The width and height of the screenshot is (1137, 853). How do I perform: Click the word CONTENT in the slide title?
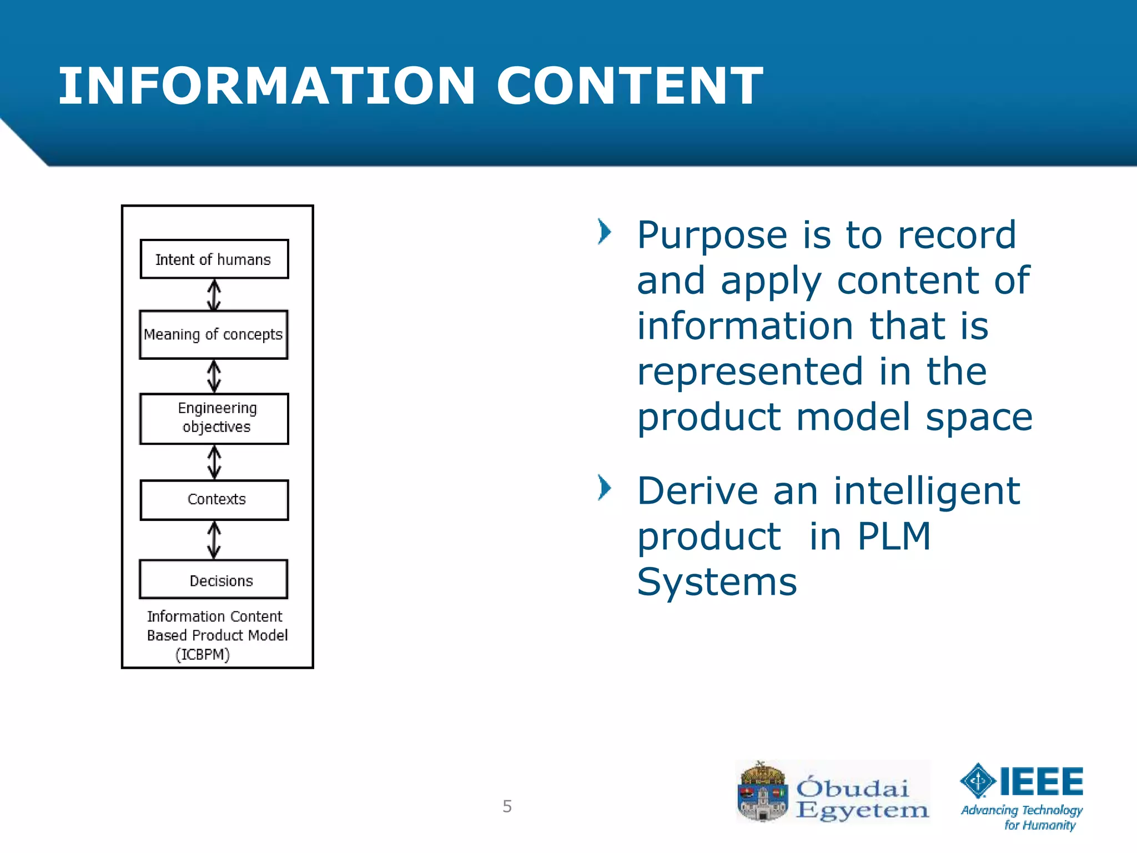629,86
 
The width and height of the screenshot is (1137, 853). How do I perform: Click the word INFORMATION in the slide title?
267,86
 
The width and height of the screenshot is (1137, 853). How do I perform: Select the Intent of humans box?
214,259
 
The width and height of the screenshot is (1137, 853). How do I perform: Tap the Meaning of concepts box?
214,335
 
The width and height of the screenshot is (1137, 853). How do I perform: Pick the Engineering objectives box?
214,419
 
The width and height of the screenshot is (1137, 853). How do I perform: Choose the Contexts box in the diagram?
214,500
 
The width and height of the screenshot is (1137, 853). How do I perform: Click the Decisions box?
214,580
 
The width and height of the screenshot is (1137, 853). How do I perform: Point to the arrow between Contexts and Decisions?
214,540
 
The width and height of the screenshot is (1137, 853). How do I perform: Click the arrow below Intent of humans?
214,294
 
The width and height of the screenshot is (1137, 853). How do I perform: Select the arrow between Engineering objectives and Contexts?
214,462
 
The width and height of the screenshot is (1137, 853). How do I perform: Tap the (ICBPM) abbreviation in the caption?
203,655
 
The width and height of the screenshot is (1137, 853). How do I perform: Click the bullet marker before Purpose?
604,232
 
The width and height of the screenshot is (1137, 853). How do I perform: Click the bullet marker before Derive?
604,488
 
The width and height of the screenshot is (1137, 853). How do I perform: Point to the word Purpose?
712,235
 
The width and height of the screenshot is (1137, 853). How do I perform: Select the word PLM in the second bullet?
893,536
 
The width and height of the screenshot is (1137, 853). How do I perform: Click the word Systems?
716,582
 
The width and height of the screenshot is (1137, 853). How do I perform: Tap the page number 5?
507,806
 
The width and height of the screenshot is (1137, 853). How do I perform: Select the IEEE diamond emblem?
978,781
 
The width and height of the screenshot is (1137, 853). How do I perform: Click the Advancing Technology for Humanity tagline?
1022,817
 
